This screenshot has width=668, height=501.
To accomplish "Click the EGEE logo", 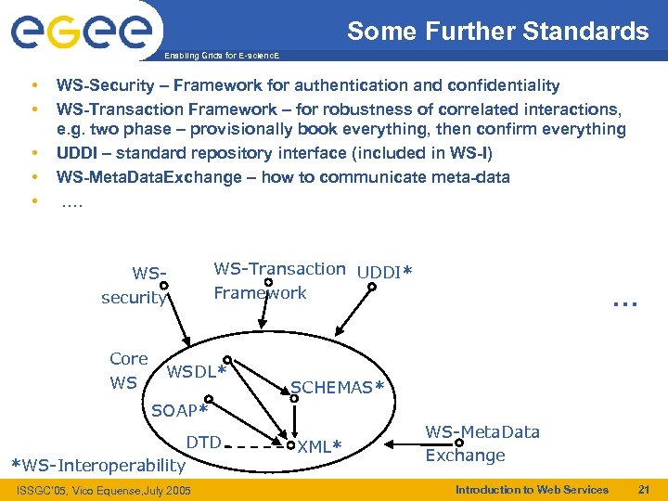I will click(x=82, y=32).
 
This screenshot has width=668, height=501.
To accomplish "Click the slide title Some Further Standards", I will click(x=498, y=32).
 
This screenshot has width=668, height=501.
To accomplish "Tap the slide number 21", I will click(x=645, y=489).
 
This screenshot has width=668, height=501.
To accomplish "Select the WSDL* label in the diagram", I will click(x=197, y=372).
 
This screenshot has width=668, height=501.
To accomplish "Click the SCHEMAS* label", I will click(x=337, y=388).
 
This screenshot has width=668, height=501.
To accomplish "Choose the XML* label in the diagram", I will click(x=320, y=446).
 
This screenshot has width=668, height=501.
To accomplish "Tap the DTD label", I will click(x=203, y=442).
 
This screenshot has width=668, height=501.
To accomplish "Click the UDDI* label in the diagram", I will click(x=384, y=272).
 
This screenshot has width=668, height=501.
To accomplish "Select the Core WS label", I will click(x=127, y=370).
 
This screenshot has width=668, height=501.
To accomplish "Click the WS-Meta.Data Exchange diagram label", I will click(x=482, y=443).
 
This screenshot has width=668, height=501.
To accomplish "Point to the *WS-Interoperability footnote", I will click(x=97, y=465).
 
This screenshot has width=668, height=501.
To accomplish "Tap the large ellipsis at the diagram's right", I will click(x=625, y=300).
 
